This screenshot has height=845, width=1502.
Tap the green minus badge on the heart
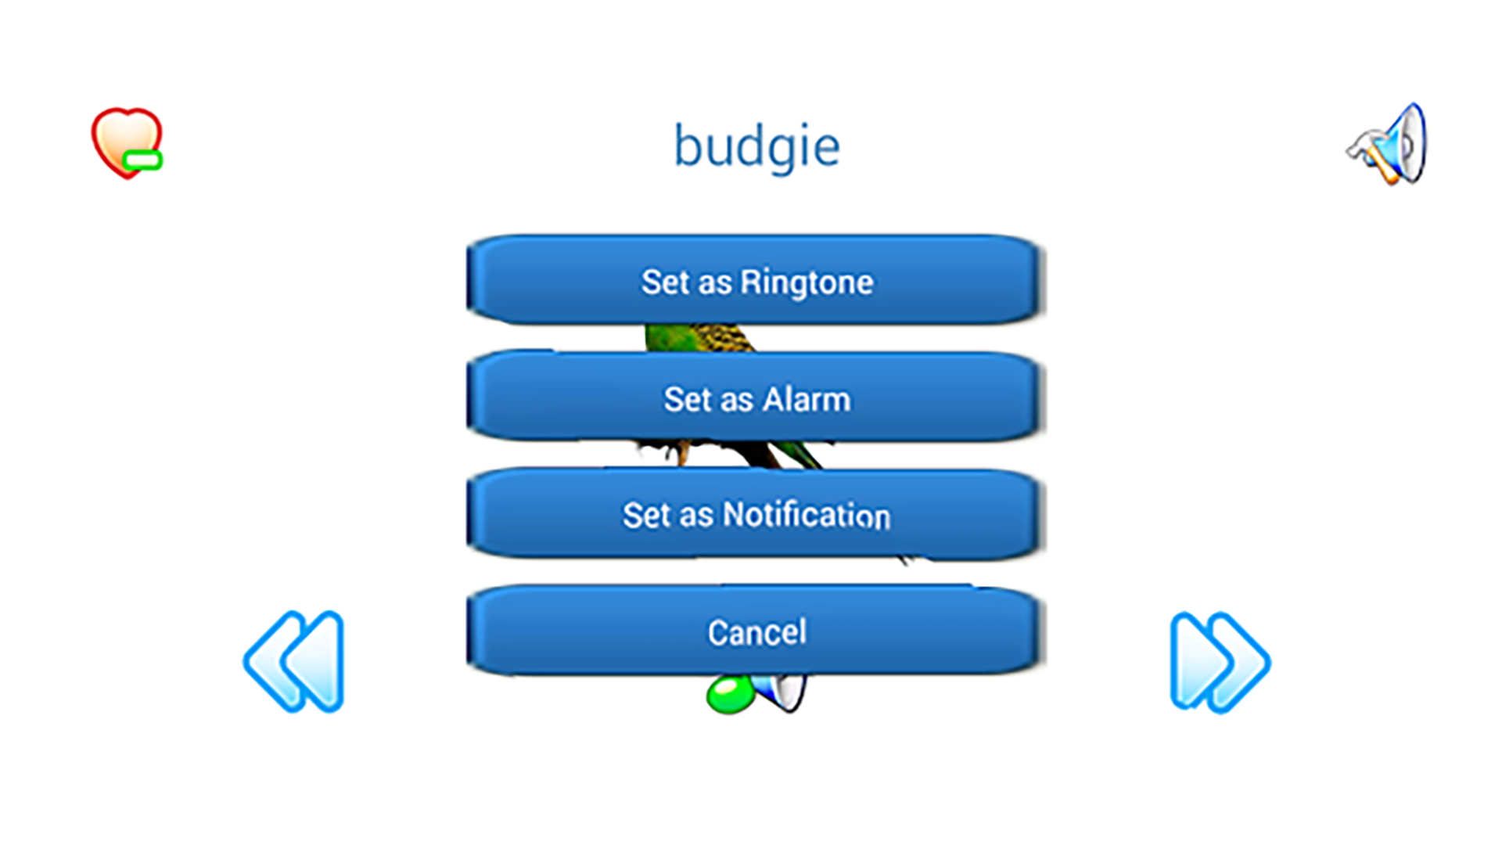click(142, 160)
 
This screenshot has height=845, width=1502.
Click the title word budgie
click(756, 147)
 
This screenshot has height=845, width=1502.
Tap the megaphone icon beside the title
click(1386, 145)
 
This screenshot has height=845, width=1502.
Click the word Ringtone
click(807, 282)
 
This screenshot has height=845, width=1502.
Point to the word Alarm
click(806, 400)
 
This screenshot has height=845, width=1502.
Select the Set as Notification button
click(756, 513)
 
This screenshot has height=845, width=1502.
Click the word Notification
click(807, 515)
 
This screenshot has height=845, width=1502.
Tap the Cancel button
click(756, 630)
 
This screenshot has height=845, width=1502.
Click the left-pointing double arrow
click(294, 661)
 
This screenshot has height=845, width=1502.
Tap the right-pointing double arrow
click(1220, 662)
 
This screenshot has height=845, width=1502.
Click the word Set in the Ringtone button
click(665, 282)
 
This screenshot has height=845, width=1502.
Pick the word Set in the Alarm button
click(688, 400)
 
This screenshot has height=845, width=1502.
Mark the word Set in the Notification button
click(646, 515)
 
